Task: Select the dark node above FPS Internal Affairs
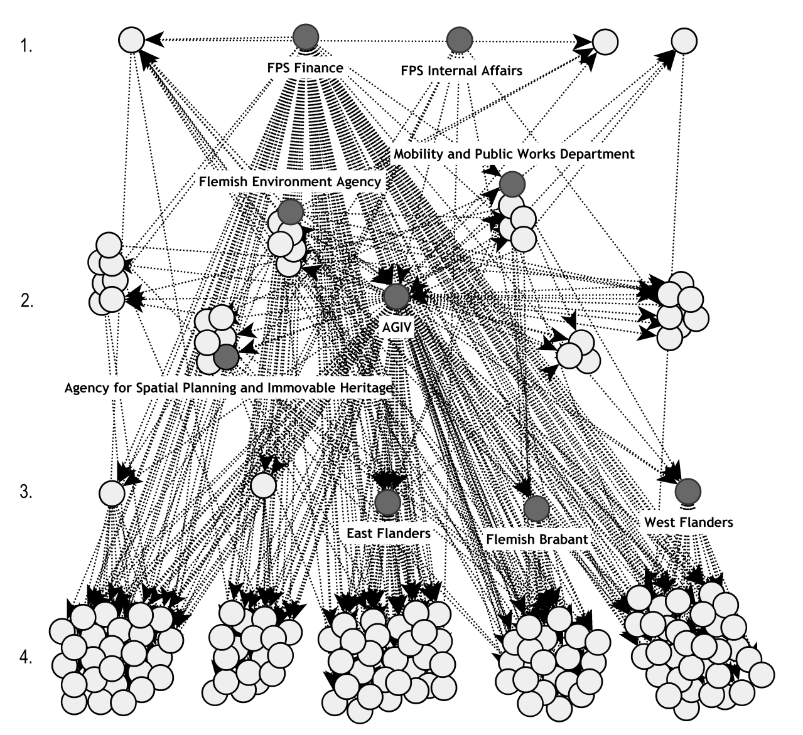tap(460, 40)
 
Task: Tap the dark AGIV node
tap(396, 296)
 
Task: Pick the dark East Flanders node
tap(387, 501)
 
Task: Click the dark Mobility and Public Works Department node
tap(512, 184)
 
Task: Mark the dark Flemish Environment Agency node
tap(291, 212)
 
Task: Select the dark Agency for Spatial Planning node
tap(226, 356)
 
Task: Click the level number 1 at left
tap(26, 46)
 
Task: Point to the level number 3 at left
tap(26, 491)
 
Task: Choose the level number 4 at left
tap(26, 658)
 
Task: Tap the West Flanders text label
tap(689, 522)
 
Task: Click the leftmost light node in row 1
tap(131, 40)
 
